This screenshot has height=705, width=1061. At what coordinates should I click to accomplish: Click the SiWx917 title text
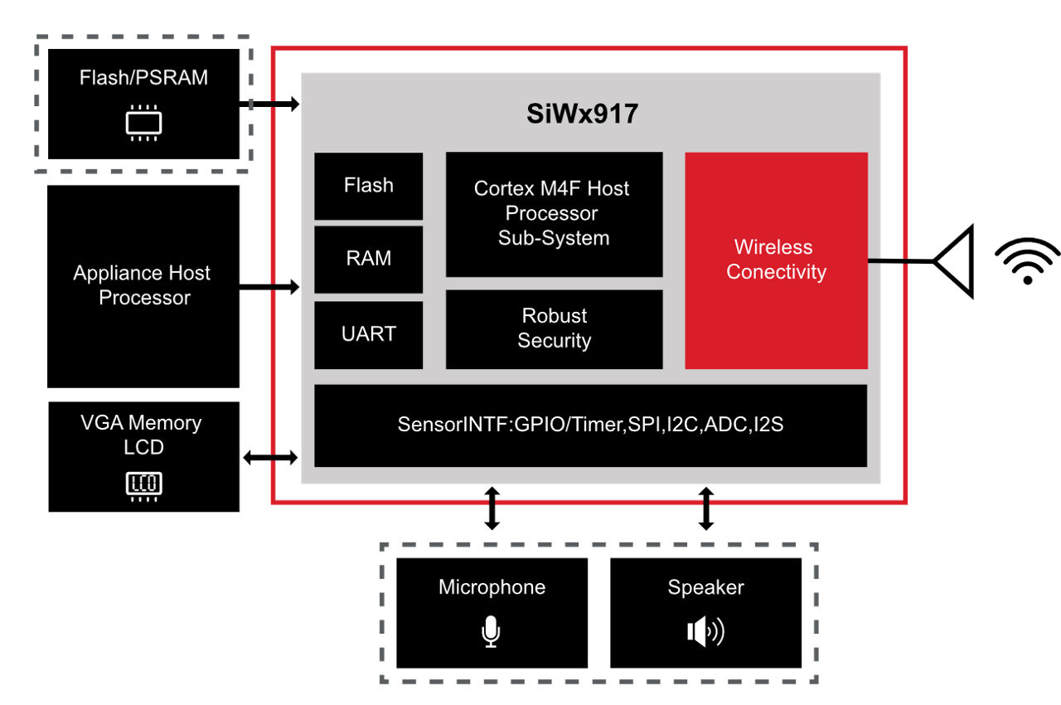click(x=582, y=114)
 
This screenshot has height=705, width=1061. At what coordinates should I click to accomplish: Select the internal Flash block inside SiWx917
click(x=369, y=186)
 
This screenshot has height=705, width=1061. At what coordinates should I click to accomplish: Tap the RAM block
click(x=369, y=259)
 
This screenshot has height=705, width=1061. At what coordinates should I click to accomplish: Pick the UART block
click(x=369, y=334)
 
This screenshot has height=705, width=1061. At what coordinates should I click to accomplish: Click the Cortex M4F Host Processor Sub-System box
click(x=554, y=214)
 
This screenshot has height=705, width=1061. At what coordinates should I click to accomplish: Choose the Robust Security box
click(x=554, y=328)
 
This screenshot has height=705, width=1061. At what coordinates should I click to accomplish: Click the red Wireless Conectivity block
click(x=776, y=260)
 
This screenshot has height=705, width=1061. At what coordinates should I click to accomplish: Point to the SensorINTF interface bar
click(x=590, y=425)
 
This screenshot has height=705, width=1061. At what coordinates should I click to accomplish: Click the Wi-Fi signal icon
click(x=1028, y=261)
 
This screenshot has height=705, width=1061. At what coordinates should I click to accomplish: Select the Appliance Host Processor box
click(x=143, y=285)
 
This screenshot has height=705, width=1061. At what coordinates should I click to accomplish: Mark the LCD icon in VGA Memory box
click(x=143, y=484)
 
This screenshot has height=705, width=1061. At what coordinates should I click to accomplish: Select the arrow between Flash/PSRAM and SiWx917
click(x=269, y=105)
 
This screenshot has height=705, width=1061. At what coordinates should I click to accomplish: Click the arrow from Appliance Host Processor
click(x=269, y=287)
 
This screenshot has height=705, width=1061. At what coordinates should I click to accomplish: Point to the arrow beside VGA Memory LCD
click(x=269, y=457)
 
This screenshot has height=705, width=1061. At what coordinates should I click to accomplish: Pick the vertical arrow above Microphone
click(x=492, y=508)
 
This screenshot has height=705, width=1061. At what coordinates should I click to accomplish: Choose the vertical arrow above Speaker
click(x=706, y=508)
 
